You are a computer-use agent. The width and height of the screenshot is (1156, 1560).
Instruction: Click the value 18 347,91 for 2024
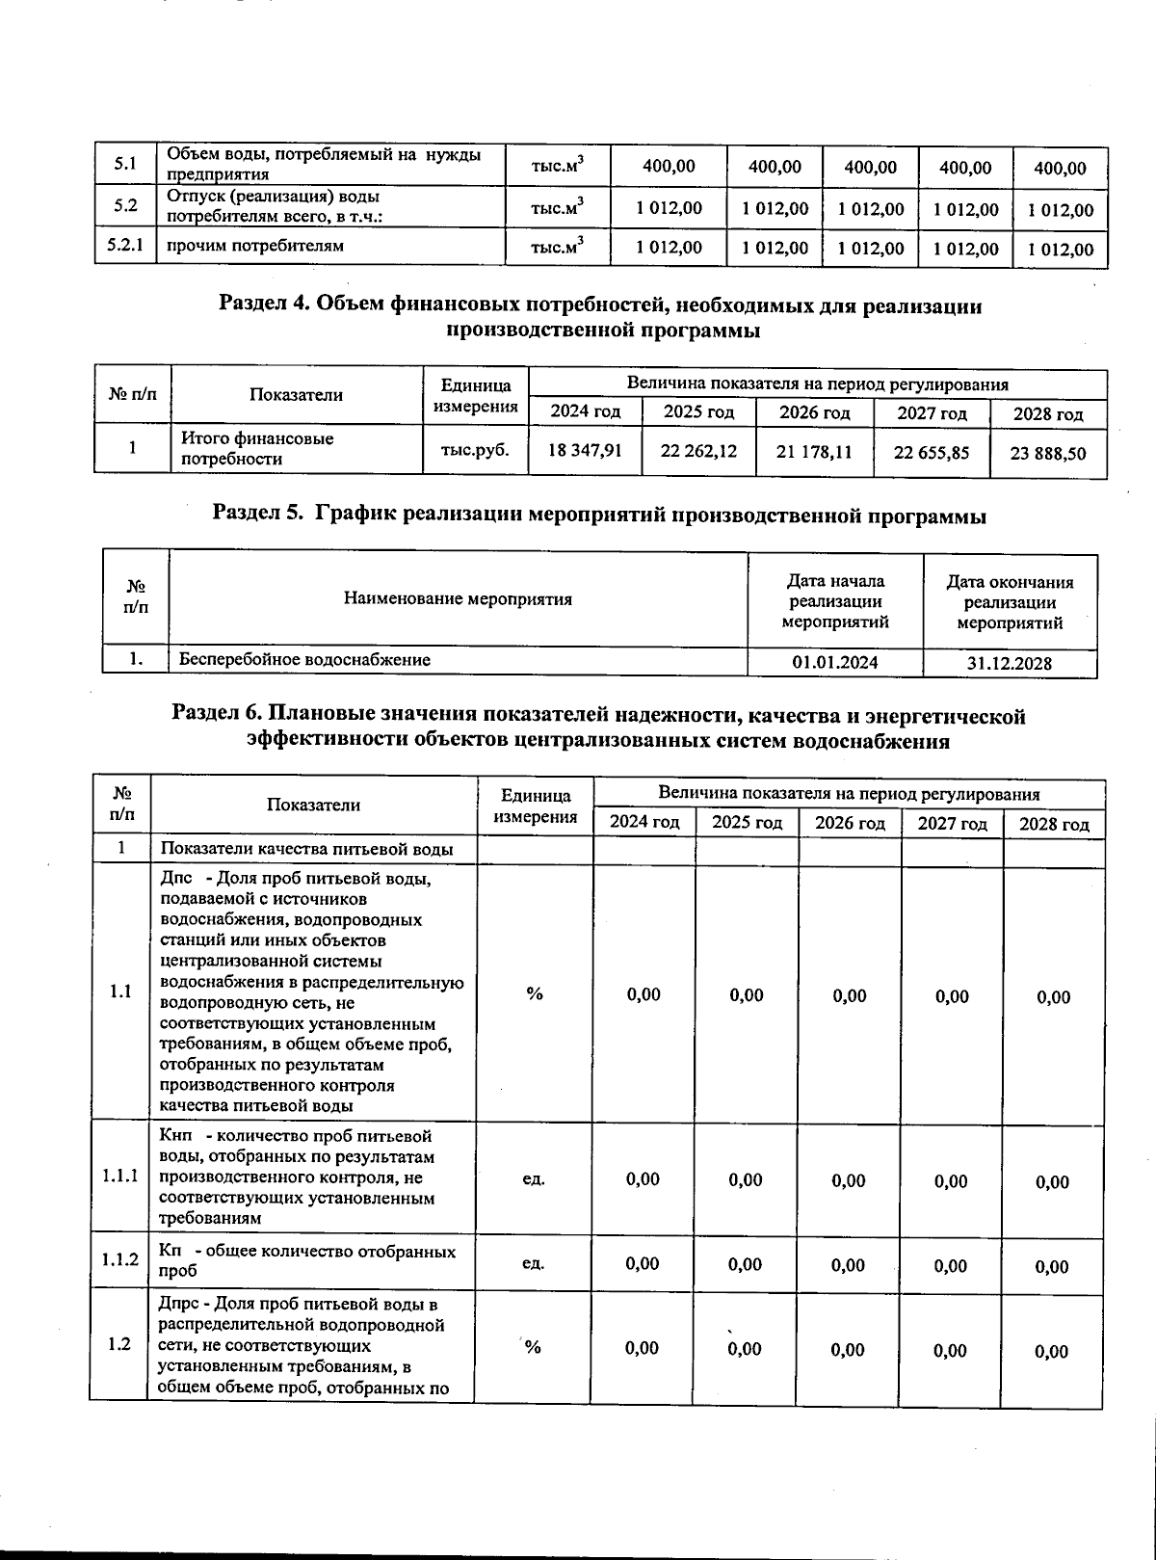[x=584, y=450]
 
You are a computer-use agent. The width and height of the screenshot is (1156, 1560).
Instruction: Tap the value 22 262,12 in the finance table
[x=698, y=450]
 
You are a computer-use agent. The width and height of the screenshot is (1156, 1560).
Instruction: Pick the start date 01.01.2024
[x=834, y=662]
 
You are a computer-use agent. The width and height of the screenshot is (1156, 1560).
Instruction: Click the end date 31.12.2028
[x=1009, y=663]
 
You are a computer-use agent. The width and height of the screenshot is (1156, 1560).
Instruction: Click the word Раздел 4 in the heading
[x=264, y=305]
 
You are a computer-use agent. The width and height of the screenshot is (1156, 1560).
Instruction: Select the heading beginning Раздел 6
[x=597, y=727]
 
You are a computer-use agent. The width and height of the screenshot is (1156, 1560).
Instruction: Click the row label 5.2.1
[x=125, y=246]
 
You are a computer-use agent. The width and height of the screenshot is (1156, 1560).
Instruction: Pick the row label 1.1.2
[x=120, y=1260]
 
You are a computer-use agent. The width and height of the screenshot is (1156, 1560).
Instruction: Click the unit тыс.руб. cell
[x=475, y=449]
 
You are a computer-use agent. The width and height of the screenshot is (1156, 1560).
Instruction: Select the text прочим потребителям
[x=255, y=246]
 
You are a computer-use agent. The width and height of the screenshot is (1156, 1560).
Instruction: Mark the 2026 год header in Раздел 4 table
[x=814, y=412]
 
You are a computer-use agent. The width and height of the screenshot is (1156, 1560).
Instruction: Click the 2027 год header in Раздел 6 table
[x=952, y=824]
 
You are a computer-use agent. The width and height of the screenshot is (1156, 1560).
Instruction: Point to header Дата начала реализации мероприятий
[x=834, y=601]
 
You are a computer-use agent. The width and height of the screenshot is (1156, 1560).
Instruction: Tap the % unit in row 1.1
[x=534, y=993]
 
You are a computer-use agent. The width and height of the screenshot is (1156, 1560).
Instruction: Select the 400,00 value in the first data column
[x=669, y=167]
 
